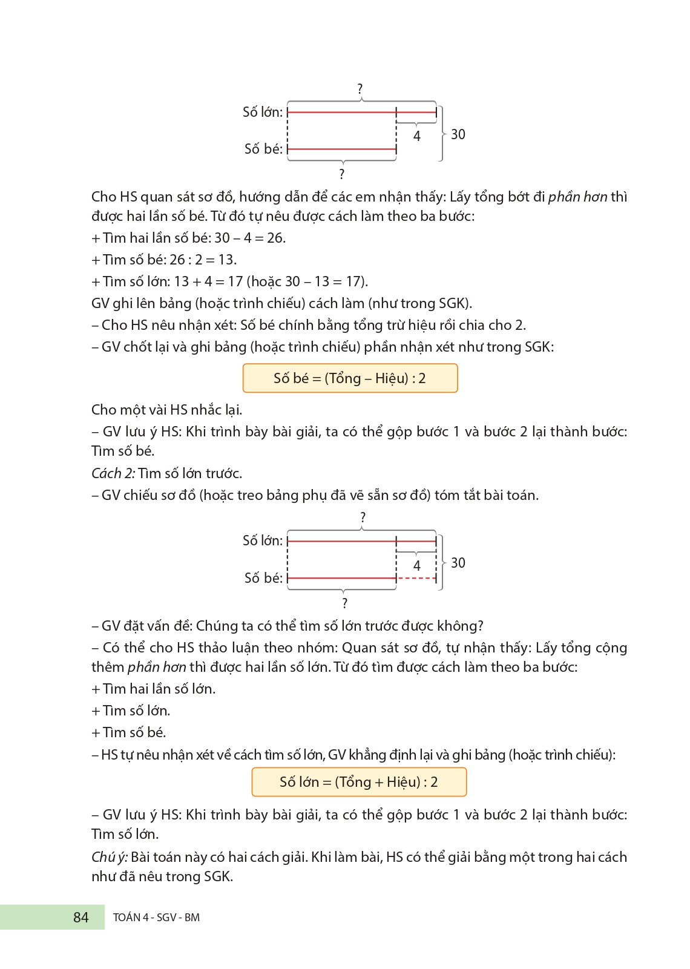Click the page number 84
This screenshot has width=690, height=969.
click(80, 918)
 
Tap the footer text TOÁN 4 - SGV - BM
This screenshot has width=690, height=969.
click(156, 918)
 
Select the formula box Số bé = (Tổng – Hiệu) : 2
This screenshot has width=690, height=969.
click(350, 378)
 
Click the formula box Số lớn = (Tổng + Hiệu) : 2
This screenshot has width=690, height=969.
click(359, 782)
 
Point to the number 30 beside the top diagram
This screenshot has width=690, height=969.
click(458, 134)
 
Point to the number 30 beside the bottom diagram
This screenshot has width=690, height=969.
click(458, 563)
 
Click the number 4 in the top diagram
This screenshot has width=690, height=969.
click(417, 136)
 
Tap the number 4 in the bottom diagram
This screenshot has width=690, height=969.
click(417, 565)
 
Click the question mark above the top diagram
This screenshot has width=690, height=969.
click(360, 89)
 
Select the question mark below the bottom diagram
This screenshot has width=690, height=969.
click(344, 603)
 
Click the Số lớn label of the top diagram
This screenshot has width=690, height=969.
click(263, 112)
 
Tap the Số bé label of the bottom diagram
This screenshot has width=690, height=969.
click(263, 578)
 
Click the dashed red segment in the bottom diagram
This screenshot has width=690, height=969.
click(416, 579)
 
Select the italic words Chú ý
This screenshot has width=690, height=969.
click(110, 857)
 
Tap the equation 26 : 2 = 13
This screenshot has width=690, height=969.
click(203, 260)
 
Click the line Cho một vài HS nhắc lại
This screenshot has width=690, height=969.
click(166, 410)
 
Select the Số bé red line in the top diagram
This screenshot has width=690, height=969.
click(342, 149)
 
